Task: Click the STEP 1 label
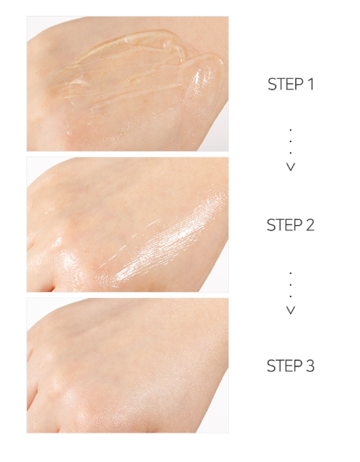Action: [x=291, y=84]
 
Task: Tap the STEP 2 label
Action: [x=291, y=225]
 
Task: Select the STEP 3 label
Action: [x=291, y=366]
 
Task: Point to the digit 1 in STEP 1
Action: [x=310, y=84]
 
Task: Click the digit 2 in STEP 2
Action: [x=310, y=225]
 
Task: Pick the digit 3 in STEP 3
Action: [x=310, y=366]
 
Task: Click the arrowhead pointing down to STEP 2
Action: [x=291, y=167]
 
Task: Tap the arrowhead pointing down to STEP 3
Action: [x=291, y=310]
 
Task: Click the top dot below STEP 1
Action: [x=291, y=129]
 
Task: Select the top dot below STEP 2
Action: [x=291, y=273]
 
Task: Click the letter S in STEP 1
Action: [x=272, y=84]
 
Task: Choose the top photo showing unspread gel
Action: [x=128, y=84]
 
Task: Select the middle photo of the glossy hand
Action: [x=128, y=224]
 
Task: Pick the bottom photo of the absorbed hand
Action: [x=128, y=366]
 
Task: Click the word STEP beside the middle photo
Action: [x=284, y=225]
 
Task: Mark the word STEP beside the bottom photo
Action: [x=284, y=366]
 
